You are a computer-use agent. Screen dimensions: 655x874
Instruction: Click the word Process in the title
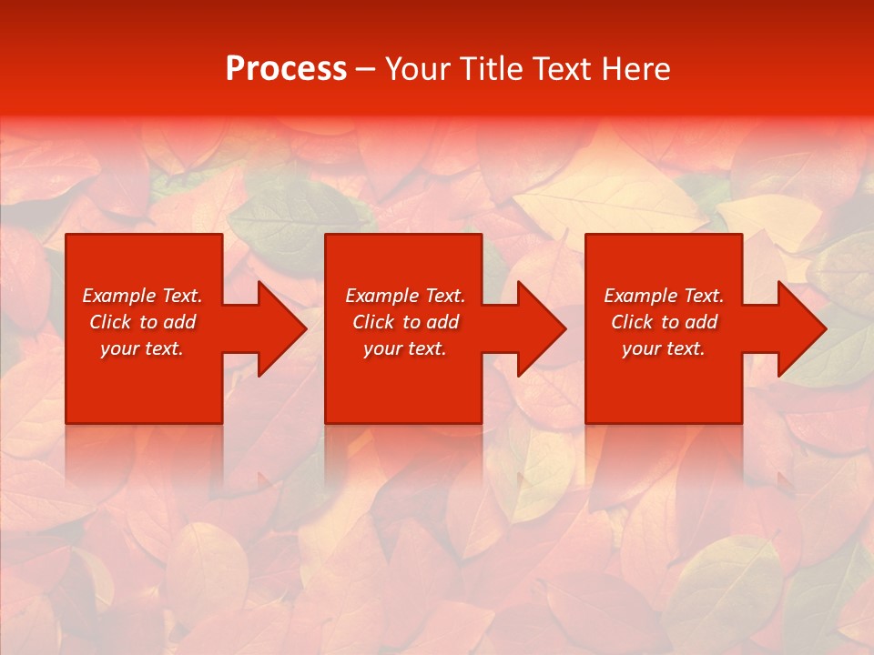click(x=286, y=69)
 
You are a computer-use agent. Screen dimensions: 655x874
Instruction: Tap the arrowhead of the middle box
click(x=540, y=328)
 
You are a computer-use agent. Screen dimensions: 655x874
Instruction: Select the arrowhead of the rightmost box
click(x=800, y=328)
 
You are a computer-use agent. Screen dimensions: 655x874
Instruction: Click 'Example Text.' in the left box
click(x=142, y=296)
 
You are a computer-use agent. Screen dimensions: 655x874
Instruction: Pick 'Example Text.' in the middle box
click(x=405, y=296)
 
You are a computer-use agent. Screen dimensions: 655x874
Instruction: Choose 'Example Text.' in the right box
click(x=664, y=296)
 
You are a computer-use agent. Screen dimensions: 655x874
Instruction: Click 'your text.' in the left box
click(x=142, y=348)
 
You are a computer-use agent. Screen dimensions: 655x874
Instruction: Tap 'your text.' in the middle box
click(x=405, y=348)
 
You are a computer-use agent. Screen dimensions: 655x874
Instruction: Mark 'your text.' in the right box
click(x=664, y=348)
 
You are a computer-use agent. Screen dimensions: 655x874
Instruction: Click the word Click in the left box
click(x=110, y=322)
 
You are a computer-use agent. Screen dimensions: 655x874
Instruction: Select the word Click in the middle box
click(x=373, y=322)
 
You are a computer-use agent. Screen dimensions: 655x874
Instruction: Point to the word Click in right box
click(x=632, y=322)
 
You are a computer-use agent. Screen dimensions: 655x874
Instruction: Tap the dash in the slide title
click(x=366, y=70)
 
